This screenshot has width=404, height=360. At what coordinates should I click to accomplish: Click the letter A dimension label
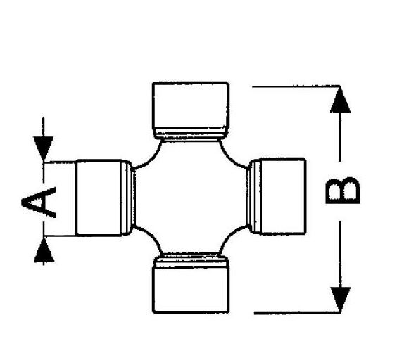click(x=39, y=202)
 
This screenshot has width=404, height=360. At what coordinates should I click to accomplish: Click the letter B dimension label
click(x=343, y=191)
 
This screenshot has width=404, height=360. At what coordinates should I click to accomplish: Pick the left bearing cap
click(x=99, y=198)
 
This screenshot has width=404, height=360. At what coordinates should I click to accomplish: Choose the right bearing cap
click(x=283, y=196)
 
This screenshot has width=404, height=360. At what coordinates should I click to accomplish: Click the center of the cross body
click(x=191, y=198)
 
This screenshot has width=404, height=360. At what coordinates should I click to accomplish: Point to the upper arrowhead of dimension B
click(x=340, y=100)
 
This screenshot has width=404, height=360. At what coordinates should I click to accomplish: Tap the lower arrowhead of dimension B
click(x=341, y=300)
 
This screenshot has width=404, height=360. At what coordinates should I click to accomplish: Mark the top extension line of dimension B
click(x=296, y=86)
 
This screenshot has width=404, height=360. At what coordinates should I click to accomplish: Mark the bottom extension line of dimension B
click(x=297, y=313)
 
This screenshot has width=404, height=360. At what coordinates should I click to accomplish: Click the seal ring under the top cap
click(x=191, y=134)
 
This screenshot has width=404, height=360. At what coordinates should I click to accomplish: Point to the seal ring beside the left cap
click(x=128, y=198)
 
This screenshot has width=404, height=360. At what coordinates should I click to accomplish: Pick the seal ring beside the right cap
click(x=254, y=196)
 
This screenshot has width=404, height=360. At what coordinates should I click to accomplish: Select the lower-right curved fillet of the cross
click(x=230, y=236)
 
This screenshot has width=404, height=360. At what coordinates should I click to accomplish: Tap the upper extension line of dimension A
click(x=60, y=162)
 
